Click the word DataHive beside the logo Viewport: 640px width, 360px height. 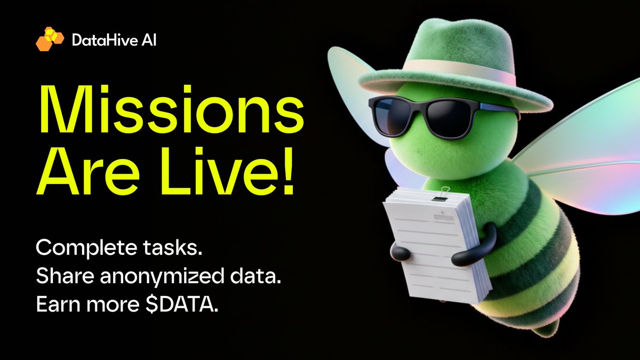point(99,39)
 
